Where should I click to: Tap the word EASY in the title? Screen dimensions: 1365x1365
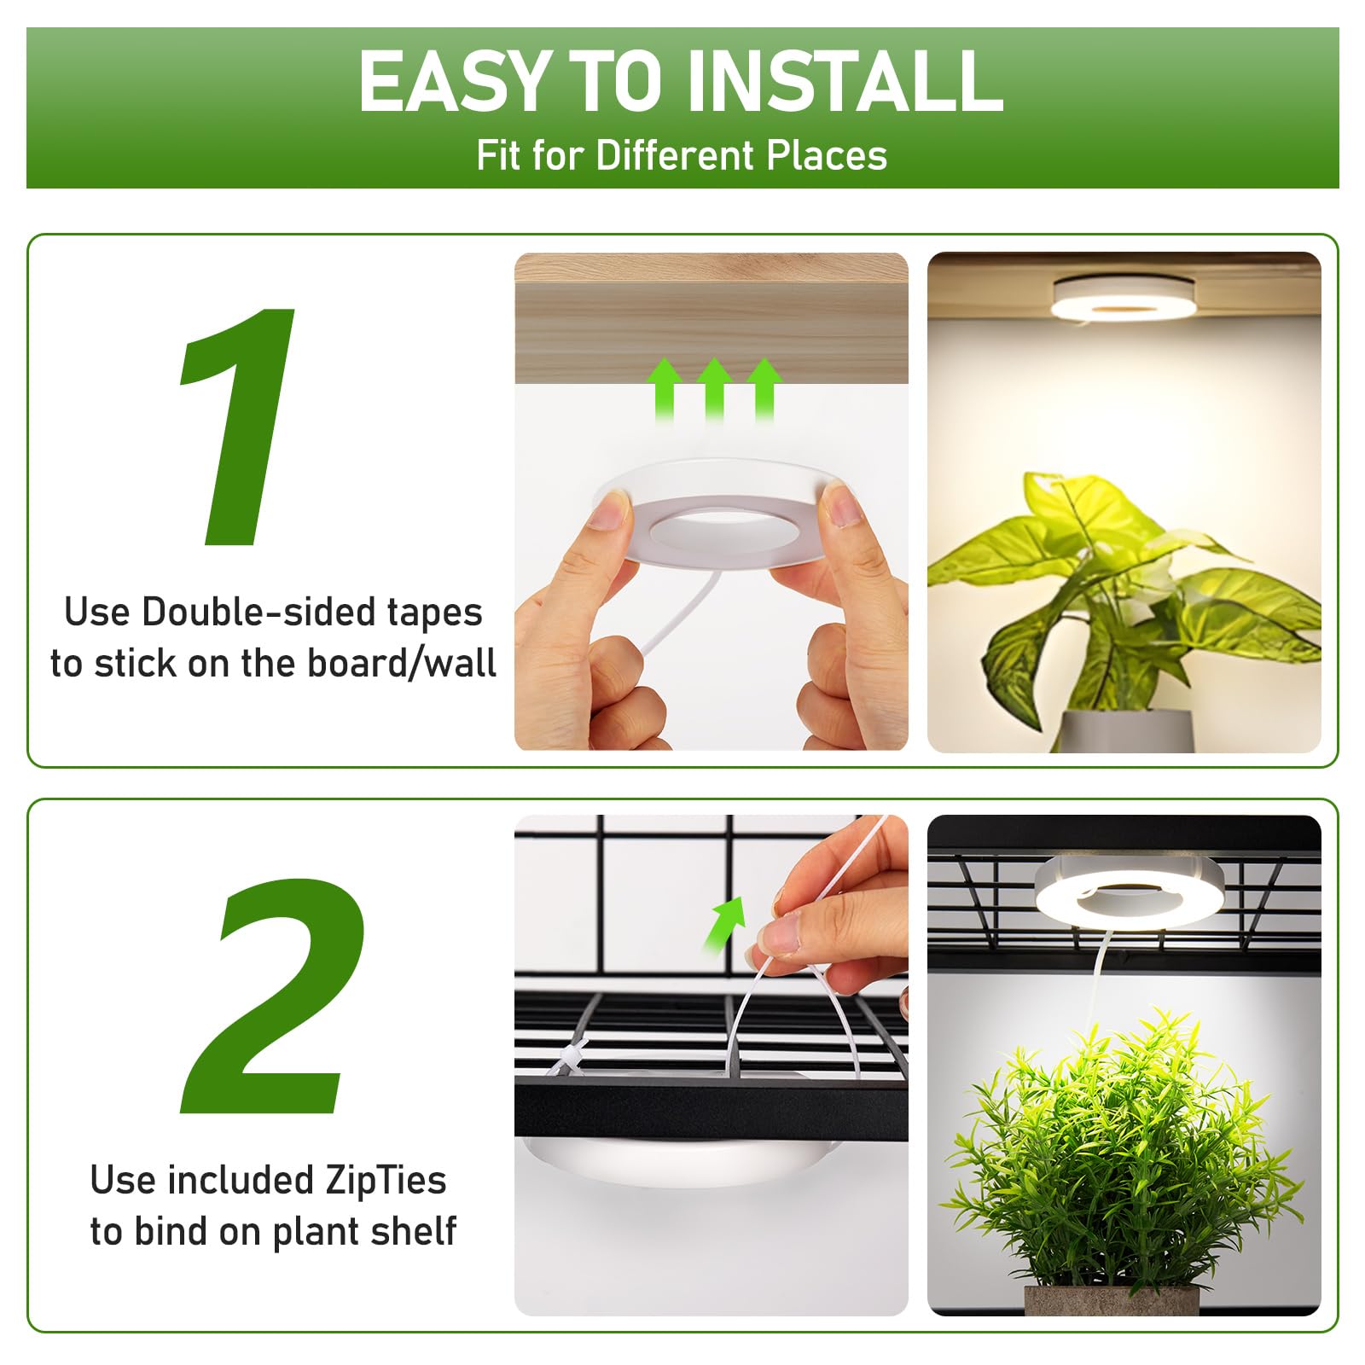(452, 81)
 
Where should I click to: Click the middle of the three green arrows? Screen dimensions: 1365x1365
(714, 388)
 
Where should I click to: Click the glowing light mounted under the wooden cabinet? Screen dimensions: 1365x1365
(1124, 299)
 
